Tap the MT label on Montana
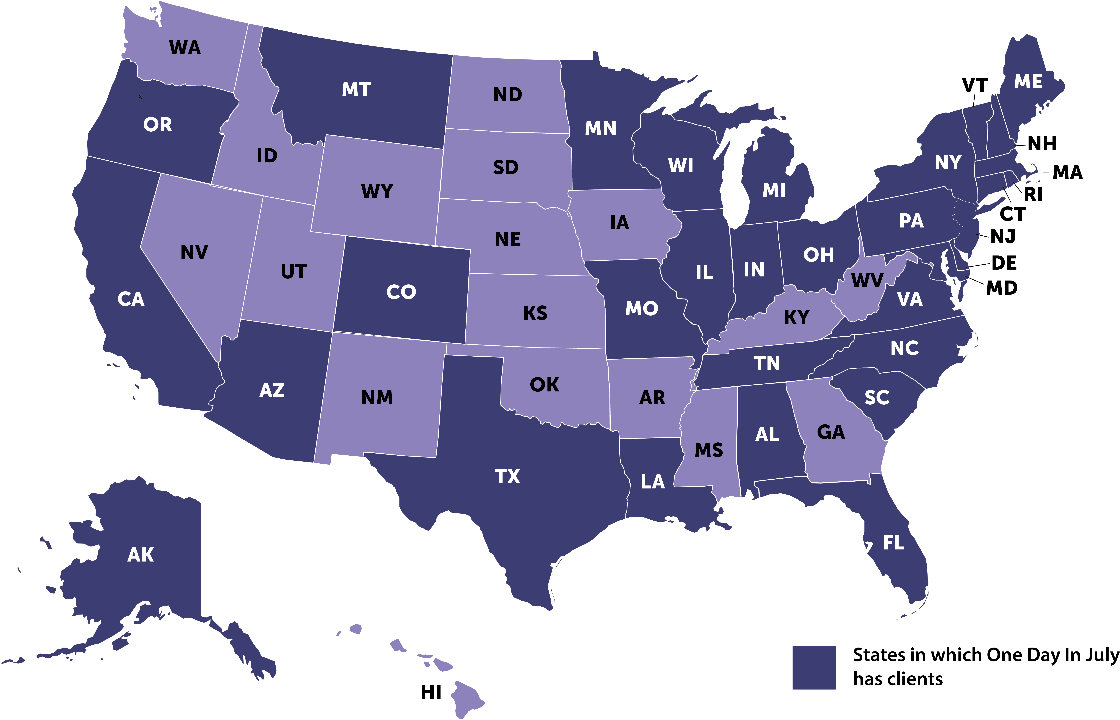tap(356, 89)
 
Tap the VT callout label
tap(975, 85)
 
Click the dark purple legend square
tap(814, 668)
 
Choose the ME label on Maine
tap(1028, 82)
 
